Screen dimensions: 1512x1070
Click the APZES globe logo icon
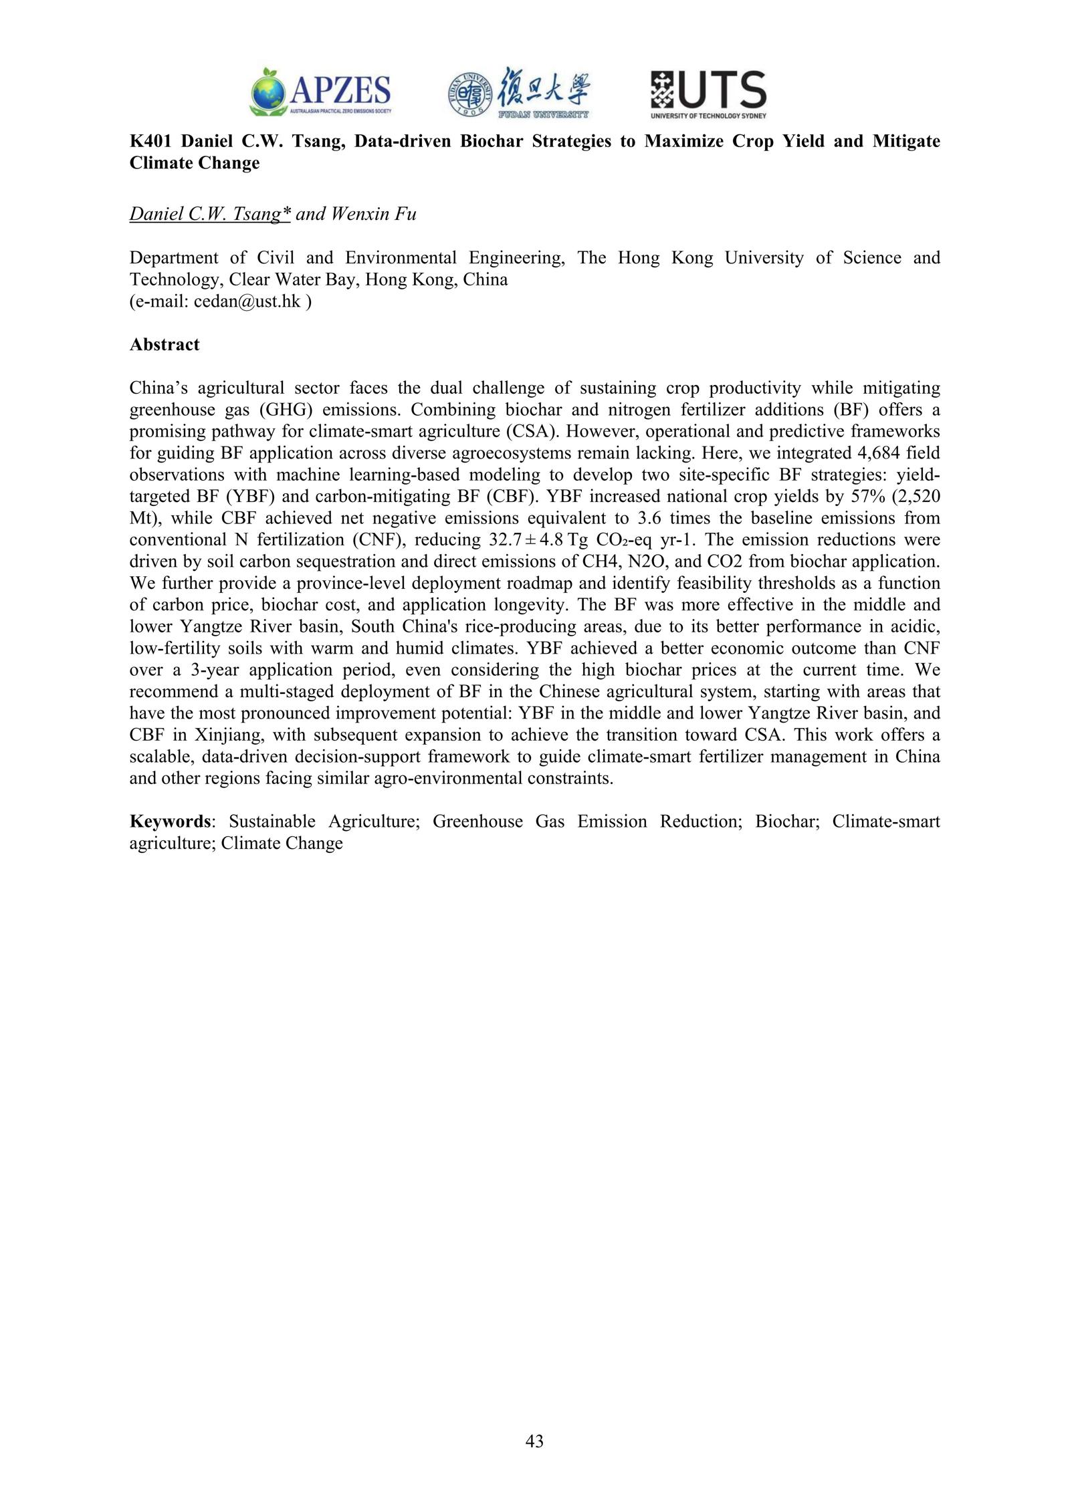point(270,92)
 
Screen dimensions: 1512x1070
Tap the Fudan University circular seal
point(469,94)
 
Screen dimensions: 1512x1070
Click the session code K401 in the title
point(150,142)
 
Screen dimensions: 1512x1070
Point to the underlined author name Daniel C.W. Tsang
point(210,215)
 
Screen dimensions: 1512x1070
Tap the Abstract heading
point(164,345)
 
